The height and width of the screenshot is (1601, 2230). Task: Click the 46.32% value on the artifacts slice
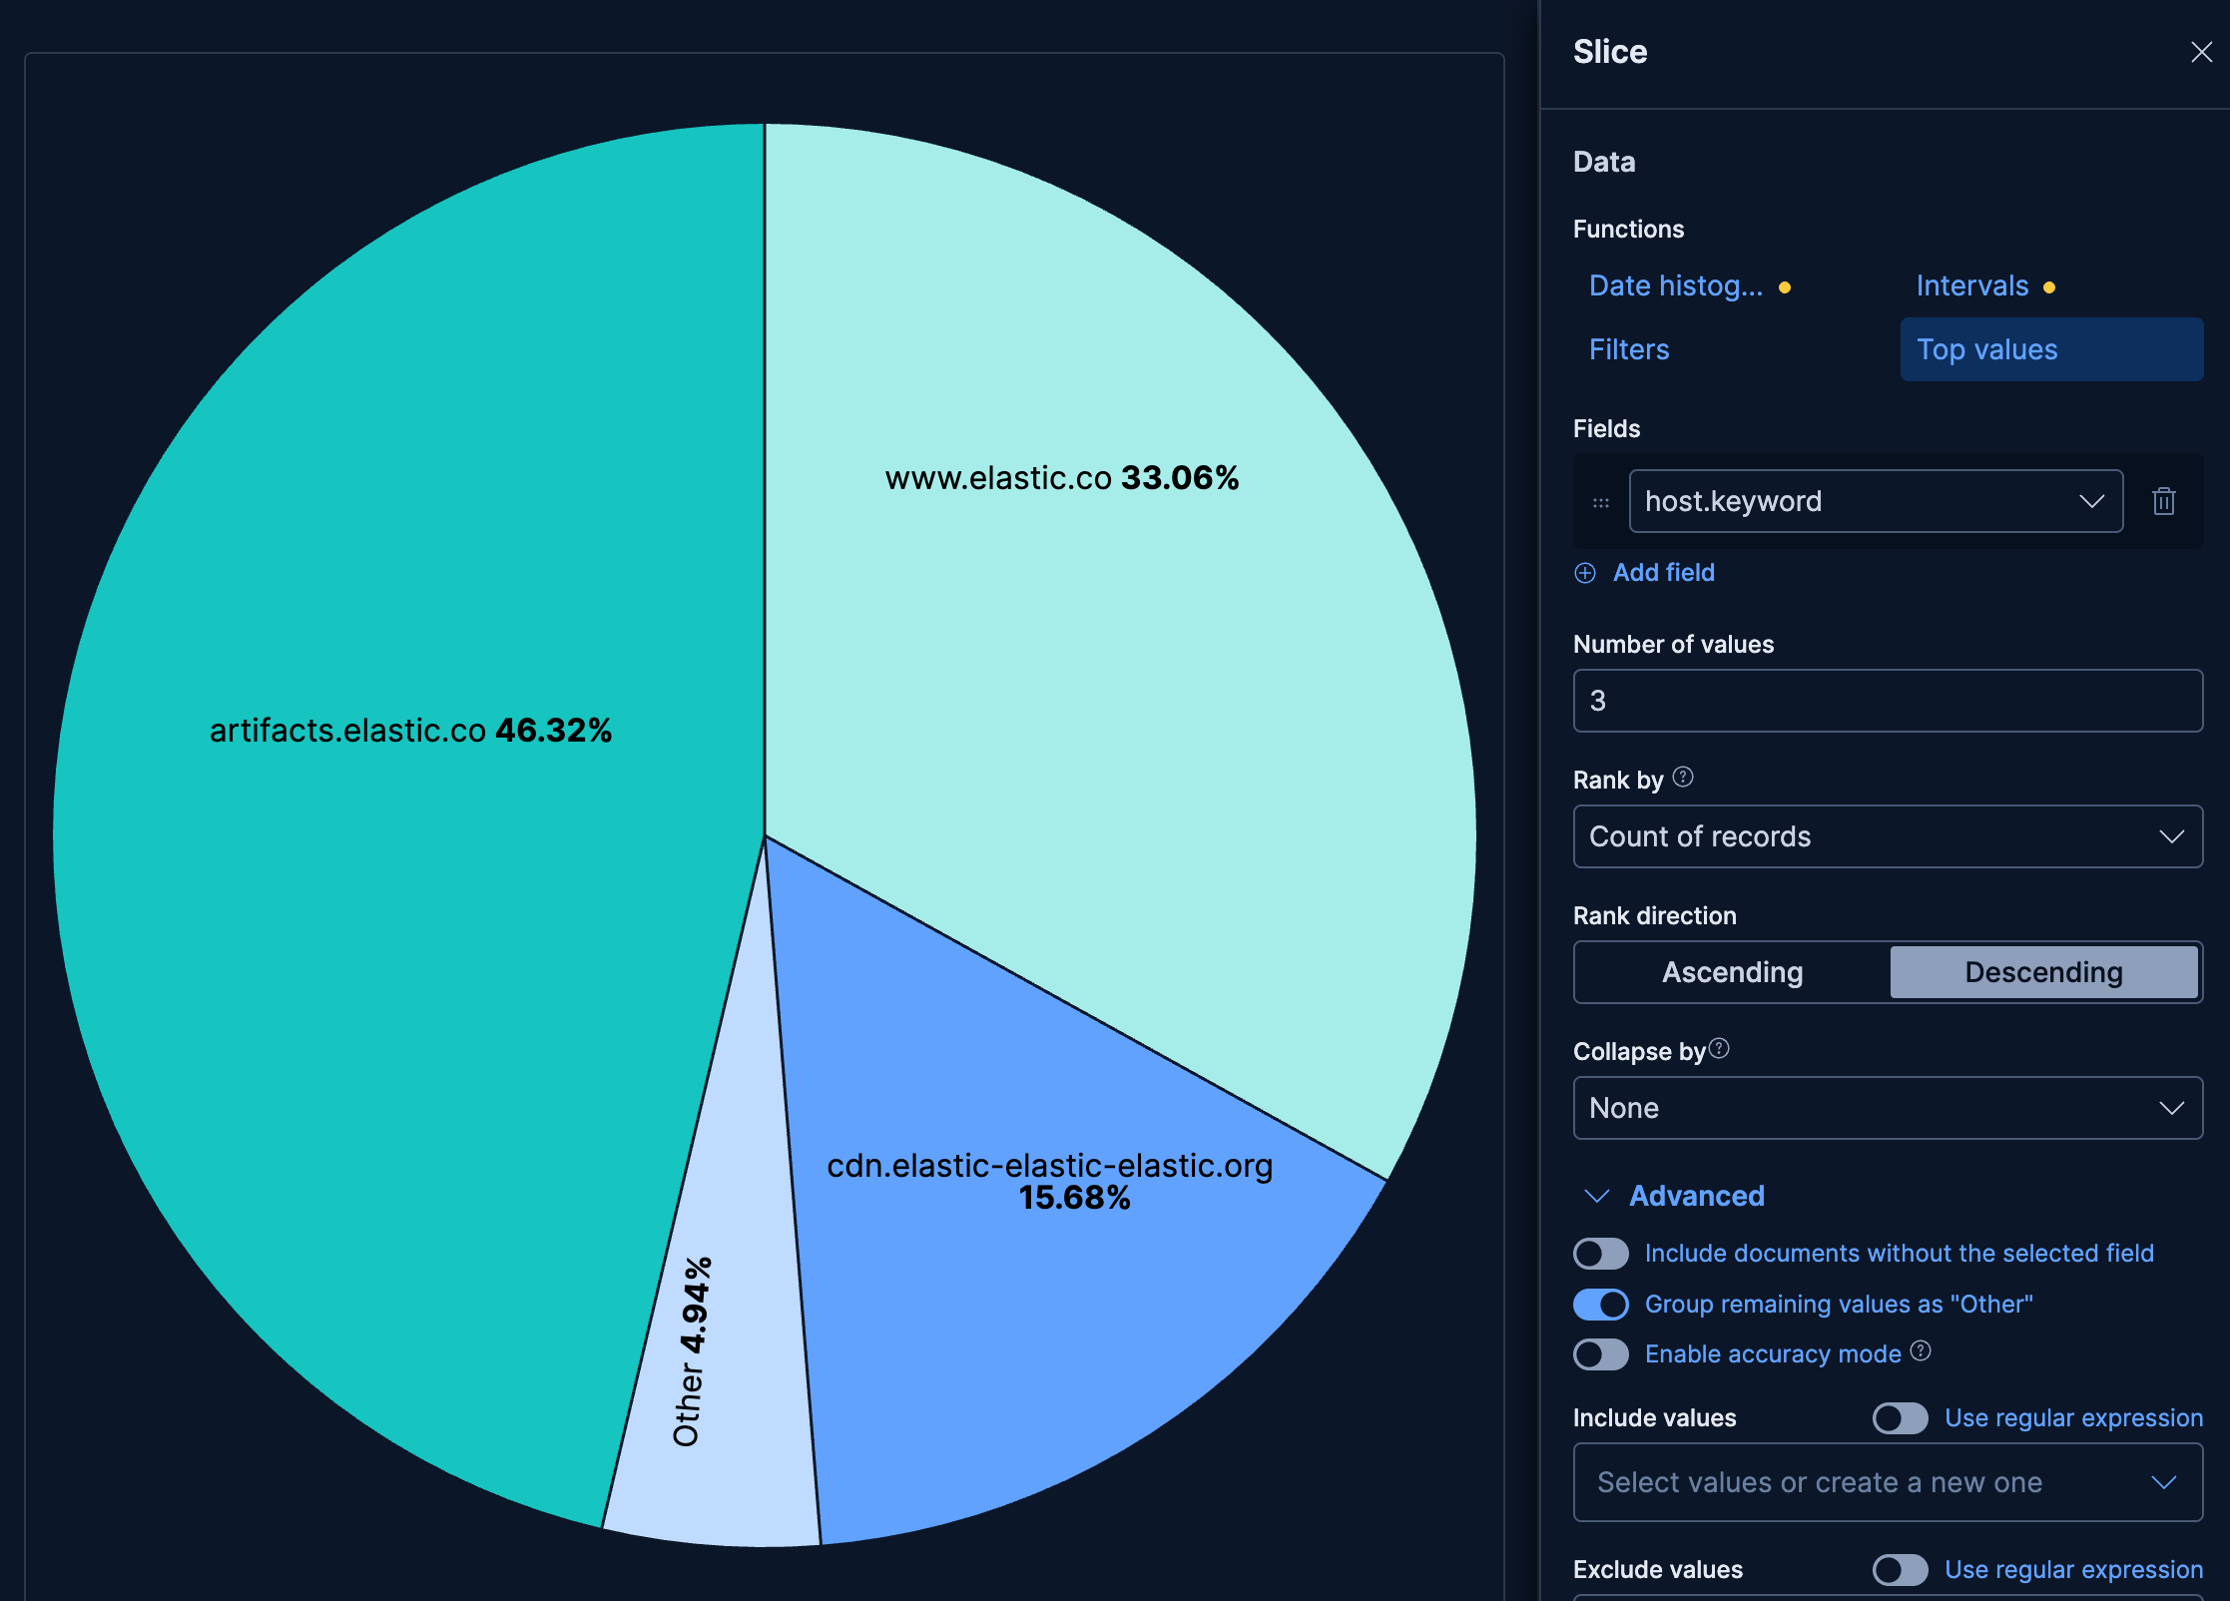click(x=553, y=731)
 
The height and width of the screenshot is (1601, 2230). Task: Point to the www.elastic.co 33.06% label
click(x=1061, y=478)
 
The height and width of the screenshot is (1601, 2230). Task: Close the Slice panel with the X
click(x=2201, y=52)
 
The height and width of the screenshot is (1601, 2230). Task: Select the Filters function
click(x=1629, y=349)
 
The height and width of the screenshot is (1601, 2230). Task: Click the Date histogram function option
click(x=1676, y=286)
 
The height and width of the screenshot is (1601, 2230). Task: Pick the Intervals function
click(x=1972, y=286)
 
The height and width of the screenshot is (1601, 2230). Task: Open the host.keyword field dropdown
click(x=1875, y=501)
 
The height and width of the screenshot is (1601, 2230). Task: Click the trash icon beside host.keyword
click(x=2163, y=501)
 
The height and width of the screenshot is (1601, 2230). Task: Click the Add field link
click(x=1663, y=573)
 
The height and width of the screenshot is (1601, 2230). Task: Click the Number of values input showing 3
click(x=1887, y=701)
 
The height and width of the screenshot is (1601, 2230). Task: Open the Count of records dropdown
click(x=1887, y=836)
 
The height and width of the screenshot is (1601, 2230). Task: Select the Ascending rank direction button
click(x=1732, y=972)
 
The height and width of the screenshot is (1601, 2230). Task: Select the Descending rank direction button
click(x=2043, y=972)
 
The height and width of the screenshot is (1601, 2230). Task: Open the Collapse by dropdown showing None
click(x=1887, y=1108)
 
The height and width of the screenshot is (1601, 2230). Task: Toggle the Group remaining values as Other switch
click(x=1600, y=1305)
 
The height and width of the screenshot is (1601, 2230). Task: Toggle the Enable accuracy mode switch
click(x=1600, y=1354)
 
